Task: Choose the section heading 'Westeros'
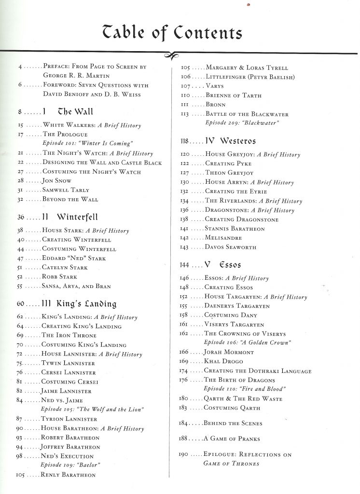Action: point(237,141)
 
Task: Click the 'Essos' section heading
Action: point(229,265)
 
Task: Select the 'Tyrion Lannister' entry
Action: point(69,419)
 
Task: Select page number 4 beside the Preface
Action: point(21,67)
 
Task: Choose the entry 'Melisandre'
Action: point(223,238)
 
